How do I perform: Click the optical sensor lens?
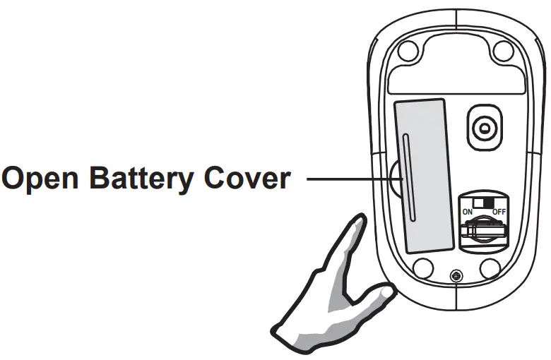point(484,128)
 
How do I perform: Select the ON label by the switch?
point(467,211)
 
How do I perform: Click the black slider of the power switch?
point(488,202)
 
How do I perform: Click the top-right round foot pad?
point(502,50)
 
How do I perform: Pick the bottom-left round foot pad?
point(422,268)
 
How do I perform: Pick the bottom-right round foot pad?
point(489,268)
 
